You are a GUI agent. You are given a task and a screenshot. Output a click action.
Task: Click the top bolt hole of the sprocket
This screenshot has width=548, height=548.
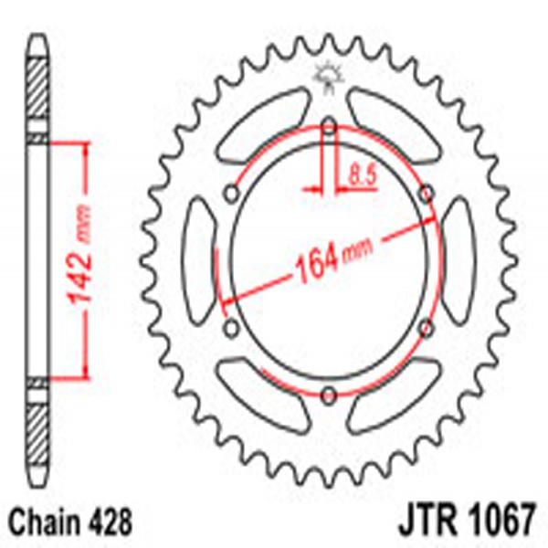click(327, 127)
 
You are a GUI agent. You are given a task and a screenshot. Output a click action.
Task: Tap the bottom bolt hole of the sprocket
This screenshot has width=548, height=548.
click(327, 395)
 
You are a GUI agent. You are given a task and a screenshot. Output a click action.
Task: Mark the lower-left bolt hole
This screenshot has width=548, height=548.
click(229, 328)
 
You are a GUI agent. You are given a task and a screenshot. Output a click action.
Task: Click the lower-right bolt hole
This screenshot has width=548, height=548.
click(426, 328)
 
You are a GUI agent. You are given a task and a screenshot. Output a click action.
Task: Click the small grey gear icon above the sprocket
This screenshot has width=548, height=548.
click(327, 77)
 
